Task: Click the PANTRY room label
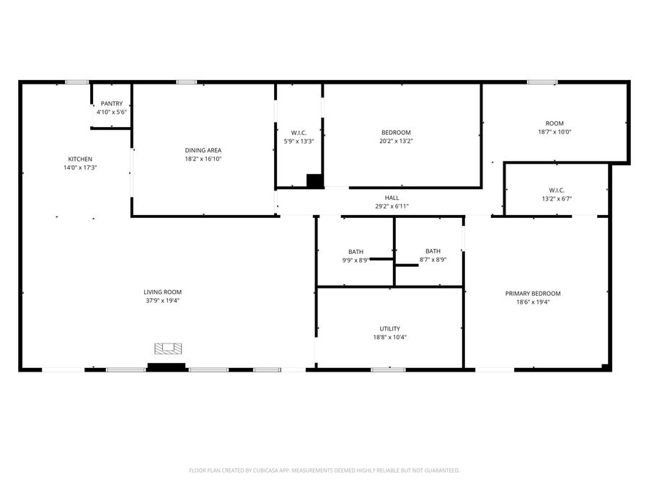tap(112, 104)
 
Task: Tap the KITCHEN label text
tap(80, 159)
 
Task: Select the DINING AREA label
tap(203, 150)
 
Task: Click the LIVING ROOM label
tap(162, 291)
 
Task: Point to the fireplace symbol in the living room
tap(167, 349)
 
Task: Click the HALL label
tap(392, 198)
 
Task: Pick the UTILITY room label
tap(390, 328)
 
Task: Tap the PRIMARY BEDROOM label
tap(532, 293)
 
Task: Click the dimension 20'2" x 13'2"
tap(396, 141)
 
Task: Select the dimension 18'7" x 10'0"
tap(555, 132)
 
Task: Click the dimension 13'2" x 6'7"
tap(556, 198)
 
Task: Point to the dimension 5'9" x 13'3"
tap(299, 141)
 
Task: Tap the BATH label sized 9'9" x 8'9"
tap(356, 251)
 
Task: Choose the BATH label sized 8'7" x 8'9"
tap(433, 251)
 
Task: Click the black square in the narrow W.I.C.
tap(314, 181)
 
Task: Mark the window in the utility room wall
tap(388, 369)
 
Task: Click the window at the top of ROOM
tap(542, 82)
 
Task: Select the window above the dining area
tap(187, 82)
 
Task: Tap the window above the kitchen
tap(76, 82)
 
